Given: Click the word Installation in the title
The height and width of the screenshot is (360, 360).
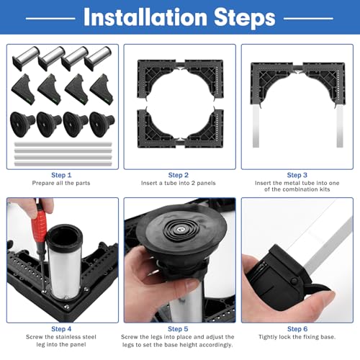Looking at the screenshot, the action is (145, 17).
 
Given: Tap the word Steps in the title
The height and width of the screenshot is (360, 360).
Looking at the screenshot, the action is (245, 18).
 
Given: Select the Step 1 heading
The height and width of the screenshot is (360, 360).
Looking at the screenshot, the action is (61, 175).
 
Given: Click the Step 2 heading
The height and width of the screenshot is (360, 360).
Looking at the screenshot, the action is (179, 175).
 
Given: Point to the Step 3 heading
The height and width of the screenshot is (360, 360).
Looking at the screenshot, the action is (297, 175).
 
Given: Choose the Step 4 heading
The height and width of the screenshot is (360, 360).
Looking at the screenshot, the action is (61, 329).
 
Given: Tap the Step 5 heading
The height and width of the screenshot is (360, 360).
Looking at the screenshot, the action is (178, 329).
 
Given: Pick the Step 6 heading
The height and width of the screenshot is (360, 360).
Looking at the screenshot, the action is (297, 329).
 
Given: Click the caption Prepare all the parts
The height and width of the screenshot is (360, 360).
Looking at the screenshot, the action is (61, 183).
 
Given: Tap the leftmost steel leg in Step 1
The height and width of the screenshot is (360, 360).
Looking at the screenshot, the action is (26, 58).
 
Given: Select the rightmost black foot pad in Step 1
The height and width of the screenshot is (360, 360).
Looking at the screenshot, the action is (102, 124).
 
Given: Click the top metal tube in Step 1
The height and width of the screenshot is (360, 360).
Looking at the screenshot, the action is (63, 145).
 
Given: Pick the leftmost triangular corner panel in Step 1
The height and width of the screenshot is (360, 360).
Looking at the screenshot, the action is (24, 89).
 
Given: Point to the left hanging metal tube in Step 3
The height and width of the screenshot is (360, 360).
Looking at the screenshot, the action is (256, 125).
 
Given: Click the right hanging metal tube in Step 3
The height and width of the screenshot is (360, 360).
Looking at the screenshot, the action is (340, 125).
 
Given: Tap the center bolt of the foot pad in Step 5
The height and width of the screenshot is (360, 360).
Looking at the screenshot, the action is (180, 230).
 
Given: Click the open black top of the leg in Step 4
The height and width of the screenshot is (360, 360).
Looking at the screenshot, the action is (64, 236).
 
